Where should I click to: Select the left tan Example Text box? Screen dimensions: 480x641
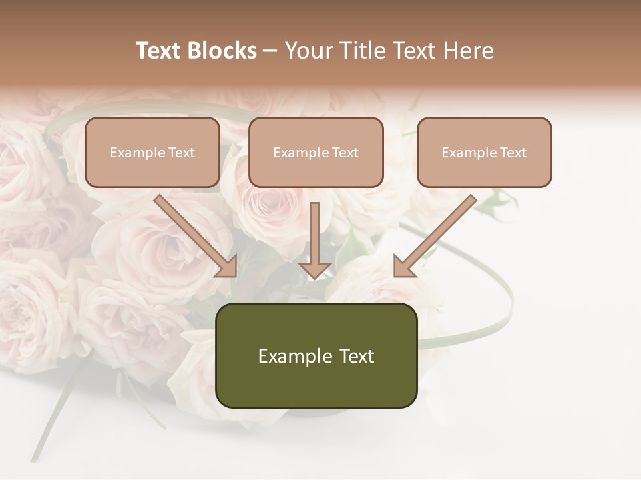point(152,152)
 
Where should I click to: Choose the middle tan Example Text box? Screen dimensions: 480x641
point(316,152)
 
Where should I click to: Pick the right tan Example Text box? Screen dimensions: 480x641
point(484,152)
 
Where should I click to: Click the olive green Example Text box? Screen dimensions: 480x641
point(316,355)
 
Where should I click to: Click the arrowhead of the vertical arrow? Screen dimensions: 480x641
point(315,269)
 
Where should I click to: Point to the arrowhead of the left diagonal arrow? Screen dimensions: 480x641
point(227,267)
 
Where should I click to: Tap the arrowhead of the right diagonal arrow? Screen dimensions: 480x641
point(403,267)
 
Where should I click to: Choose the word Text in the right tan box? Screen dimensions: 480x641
point(513,153)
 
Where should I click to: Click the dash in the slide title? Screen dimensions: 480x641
point(270,51)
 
